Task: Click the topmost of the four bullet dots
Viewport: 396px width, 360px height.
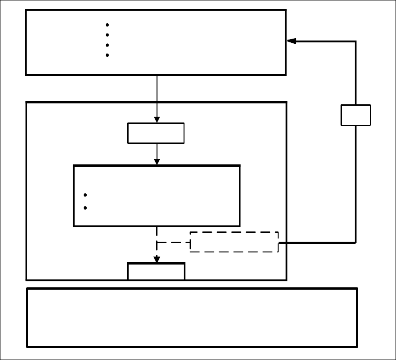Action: (x=107, y=25)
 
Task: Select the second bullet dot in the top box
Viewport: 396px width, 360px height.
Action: (x=107, y=35)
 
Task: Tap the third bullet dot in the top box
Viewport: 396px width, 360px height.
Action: (x=107, y=45)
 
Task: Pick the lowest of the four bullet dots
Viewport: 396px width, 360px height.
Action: (x=107, y=55)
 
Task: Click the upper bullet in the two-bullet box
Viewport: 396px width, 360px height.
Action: (x=85, y=196)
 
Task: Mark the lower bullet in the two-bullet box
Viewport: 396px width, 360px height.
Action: (x=85, y=208)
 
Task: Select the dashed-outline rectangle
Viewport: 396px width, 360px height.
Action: (x=234, y=242)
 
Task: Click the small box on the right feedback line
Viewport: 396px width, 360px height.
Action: (x=356, y=115)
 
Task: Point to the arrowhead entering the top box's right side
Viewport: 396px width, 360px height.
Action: (x=291, y=41)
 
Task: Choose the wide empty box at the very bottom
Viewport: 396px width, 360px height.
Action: (x=192, y=318)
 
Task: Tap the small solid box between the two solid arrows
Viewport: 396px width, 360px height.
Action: (x=156, y=133)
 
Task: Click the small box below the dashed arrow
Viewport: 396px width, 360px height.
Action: (x=157, y=272)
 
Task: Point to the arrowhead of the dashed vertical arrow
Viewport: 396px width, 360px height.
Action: (x=157, y=259)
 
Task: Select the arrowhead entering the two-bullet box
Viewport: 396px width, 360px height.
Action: (x=157, y=162)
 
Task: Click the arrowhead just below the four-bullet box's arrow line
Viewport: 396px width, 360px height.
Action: (x=157, y=120)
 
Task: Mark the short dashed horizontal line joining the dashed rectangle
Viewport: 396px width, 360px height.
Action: (x=173, y=242)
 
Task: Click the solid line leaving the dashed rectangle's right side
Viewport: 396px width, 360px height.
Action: (x=317, y=243)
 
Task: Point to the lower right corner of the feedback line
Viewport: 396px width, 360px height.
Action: (x=356, y=242)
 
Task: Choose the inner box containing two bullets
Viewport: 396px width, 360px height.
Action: (x=157, y=196)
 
